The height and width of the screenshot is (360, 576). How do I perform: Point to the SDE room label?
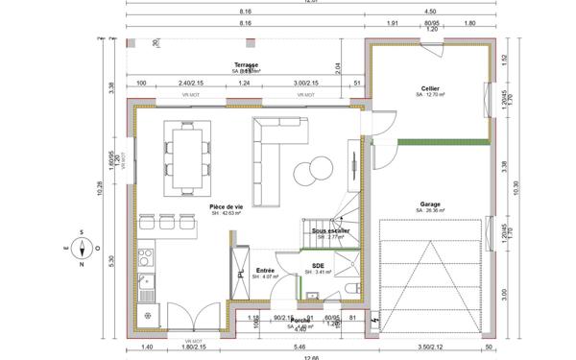pyautogui.click(x=318, y=266)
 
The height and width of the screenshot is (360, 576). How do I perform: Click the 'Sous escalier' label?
pyautogui.click(x=330, y=231)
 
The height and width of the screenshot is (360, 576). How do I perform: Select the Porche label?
pyautogui.click(x=300, y=321)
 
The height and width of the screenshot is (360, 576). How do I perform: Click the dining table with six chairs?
pyautogui.click(x=188, y=154)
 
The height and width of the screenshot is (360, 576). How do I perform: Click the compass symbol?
pyautogui.click(x=84, y=247)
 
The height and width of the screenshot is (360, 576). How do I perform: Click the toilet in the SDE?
pyautogui.click(x=353, y=289)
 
